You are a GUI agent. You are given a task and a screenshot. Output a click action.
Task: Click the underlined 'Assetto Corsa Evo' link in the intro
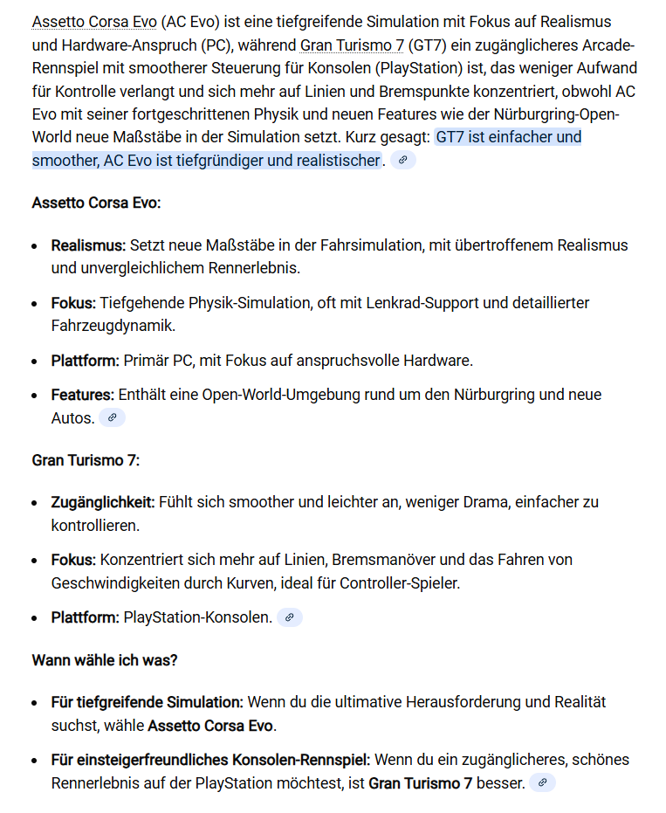[88, 22]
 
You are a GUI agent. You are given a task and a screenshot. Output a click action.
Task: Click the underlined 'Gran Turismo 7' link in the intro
[352, 45]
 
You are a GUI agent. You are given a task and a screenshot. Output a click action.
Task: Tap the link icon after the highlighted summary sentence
[403, 160]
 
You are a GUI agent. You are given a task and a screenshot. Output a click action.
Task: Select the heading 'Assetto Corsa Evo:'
[96, 203]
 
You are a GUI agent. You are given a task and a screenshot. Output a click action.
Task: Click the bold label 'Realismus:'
[88, 245]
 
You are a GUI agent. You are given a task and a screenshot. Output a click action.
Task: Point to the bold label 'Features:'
[82, 395]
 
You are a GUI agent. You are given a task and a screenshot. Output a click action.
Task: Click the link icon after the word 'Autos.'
[112, 418]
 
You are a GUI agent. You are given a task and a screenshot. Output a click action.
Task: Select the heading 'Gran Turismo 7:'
[86, 460]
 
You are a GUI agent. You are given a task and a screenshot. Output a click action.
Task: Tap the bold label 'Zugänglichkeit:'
[103, 503]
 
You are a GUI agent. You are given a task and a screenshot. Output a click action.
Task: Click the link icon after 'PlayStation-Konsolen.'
[289, 617]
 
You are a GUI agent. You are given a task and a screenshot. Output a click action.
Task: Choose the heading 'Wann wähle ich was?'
[105, 660]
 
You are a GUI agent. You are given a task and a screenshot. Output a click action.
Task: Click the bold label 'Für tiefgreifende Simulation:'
[147, 702]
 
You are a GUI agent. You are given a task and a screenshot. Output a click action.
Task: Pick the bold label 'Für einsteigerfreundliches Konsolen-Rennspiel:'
[210, 760]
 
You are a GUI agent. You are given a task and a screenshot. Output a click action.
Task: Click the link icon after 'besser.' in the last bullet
[542, 783]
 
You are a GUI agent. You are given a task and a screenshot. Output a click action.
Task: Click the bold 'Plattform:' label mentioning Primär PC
[85, 361]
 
